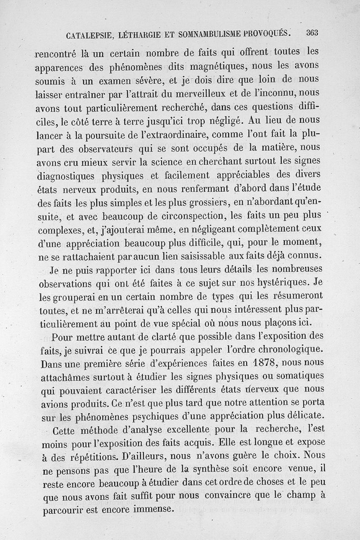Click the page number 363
pyautogui.click(x=312, y=32)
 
